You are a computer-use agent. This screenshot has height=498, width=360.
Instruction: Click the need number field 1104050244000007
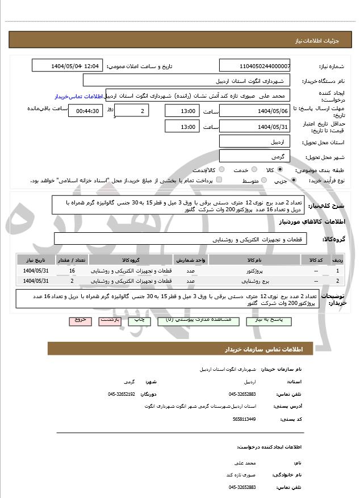point(254,66)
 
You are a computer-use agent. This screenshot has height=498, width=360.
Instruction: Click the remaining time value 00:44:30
point(85,111)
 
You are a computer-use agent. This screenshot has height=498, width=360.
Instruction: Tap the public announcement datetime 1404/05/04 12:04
point(68,66)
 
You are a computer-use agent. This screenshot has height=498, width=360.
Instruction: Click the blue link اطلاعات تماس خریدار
point(80,97)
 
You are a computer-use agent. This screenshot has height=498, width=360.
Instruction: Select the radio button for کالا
point(280,170)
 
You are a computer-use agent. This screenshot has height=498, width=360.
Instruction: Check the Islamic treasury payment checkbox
point(219,181)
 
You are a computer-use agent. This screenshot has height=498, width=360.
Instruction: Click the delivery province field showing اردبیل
point(254,141)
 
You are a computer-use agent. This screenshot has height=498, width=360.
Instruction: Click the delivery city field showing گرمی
point(254,156)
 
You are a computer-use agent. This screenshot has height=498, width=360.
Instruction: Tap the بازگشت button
point(109,320)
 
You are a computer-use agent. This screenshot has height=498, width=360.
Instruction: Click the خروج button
point(80,320)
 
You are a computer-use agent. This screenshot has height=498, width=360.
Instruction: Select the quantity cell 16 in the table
point(72,271)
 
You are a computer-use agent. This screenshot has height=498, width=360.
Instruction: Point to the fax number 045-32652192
point(122,394)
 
